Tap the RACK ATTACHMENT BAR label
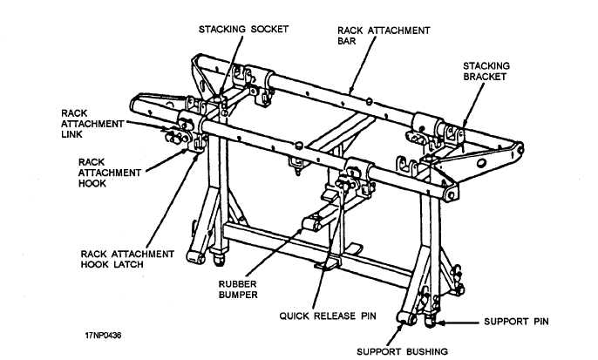coord(384,35)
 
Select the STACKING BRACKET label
coord(486,71)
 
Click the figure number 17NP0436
coord(103,332)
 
